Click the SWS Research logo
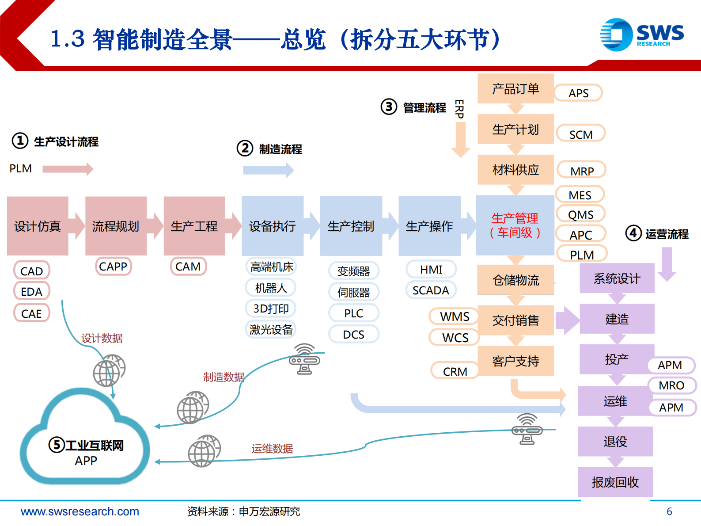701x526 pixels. [641, 34]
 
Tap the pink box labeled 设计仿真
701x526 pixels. [38, 226]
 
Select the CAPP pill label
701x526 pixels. [113, 267]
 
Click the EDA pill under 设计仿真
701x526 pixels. [31, 292]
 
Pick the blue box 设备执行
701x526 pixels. [272, 226]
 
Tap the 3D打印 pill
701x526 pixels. [271, 309]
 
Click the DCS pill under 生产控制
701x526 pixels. [353, 335]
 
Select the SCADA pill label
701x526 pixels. [431, 290]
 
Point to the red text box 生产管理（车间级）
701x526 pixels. [515, 225]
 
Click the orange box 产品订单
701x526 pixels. [515, 89]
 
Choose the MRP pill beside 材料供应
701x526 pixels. [581, 171]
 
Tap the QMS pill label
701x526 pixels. [580, 215]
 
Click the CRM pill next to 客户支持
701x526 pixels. [455, 372]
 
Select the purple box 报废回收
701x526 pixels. [615, 482]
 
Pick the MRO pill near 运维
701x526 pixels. [671, 385]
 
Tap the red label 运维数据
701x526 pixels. [272, 449]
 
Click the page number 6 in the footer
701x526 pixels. [669, 511]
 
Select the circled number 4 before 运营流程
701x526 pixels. [633, 233]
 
